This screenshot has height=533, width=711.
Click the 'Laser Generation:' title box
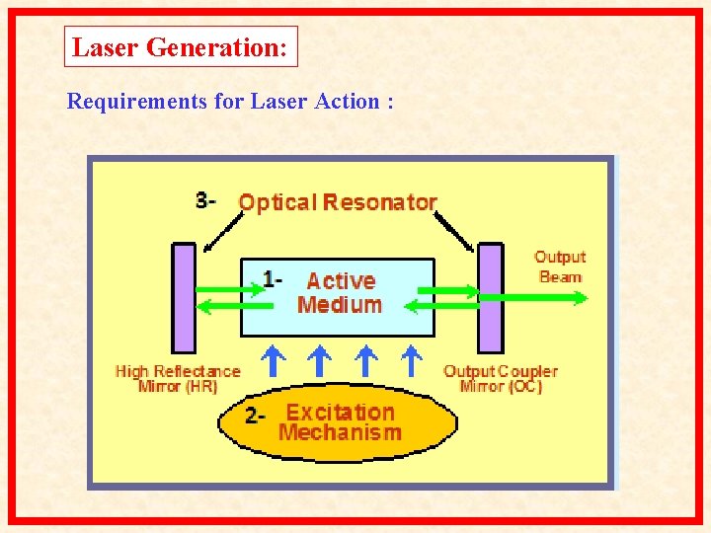(181, 46)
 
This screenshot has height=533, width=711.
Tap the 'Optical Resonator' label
(338, 202)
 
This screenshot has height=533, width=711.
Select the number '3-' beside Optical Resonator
(205, 200)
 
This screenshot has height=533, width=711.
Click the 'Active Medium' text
(339, 293)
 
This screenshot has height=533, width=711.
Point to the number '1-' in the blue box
(273, 280)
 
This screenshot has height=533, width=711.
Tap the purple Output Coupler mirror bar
(490, 297)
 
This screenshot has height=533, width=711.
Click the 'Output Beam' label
(560, 266)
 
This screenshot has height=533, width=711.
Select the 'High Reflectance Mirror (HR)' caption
(178, 378)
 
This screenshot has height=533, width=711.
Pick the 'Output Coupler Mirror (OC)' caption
(501, 378)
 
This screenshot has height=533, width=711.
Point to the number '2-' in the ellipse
(256, 417)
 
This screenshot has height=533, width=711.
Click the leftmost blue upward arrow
(272, 359)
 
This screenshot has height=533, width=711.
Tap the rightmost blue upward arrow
(413, 359)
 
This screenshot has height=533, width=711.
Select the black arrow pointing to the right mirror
(453, 231)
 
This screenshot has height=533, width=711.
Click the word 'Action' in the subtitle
(341, 101)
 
